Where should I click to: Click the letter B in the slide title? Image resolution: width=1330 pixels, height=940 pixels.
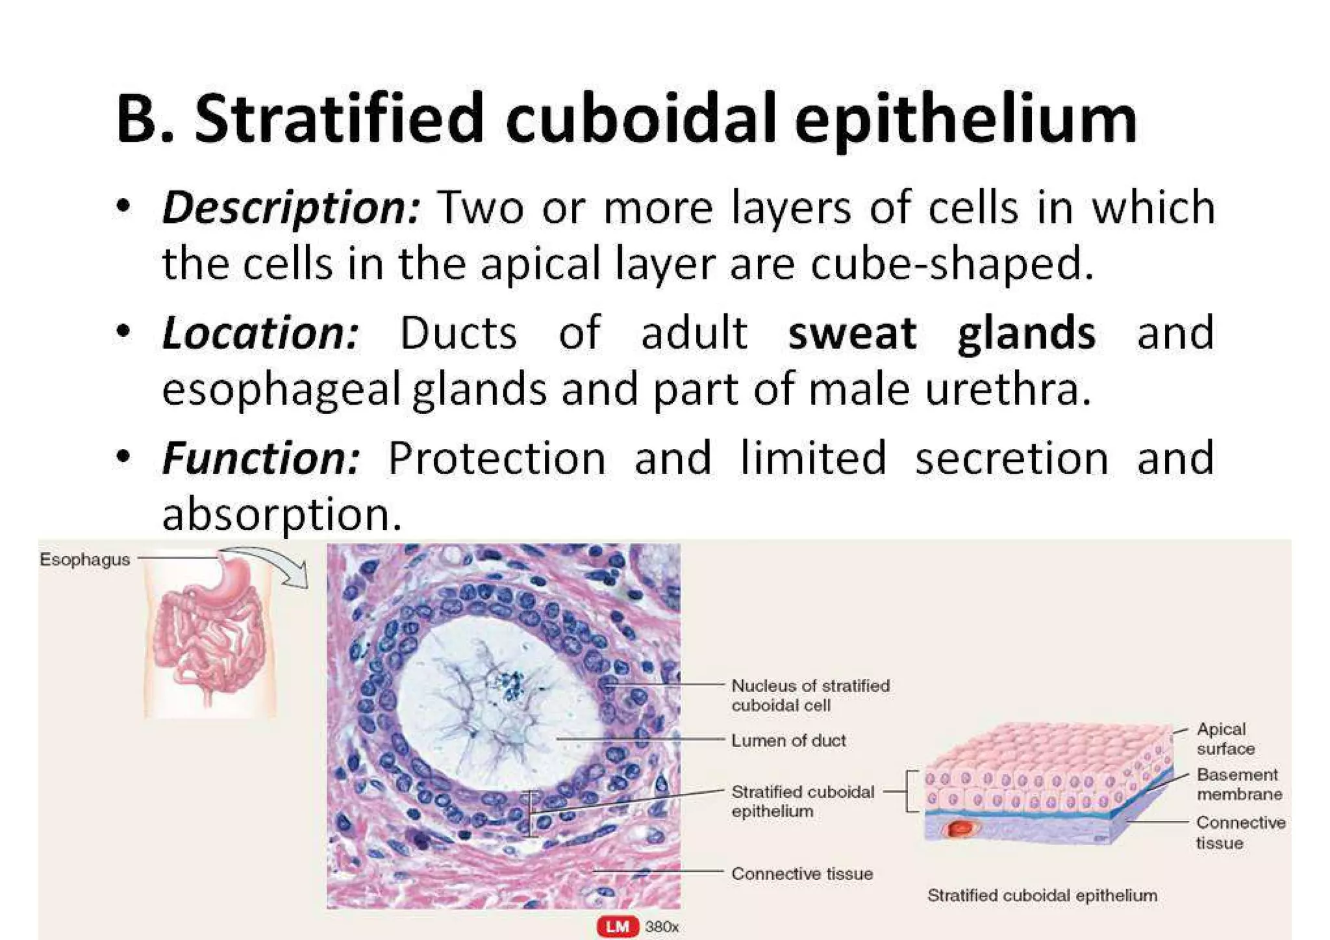tap(138, 118)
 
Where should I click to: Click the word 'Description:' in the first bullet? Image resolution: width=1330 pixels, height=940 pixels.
tap(291, 207)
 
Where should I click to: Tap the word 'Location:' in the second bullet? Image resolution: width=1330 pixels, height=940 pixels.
tap(260, 333)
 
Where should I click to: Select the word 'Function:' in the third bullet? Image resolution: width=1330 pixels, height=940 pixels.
tap(260, 458)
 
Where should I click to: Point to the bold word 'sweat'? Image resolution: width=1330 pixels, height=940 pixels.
tap(851, 333)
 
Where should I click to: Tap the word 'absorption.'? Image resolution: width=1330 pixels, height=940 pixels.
tap(282, 514)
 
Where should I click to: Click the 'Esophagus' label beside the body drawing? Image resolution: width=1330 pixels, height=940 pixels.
tap(84, 559)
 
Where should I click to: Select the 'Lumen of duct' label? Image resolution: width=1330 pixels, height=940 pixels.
tap(788, 741)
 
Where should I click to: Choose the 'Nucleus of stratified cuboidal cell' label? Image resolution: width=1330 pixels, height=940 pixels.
tap(810, 695)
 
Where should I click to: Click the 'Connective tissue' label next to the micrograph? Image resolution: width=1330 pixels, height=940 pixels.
tap(801, 874)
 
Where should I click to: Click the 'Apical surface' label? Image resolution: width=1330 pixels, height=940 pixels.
tap(1225, 739)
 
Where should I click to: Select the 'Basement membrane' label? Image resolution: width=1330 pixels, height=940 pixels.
tap(1238, 784)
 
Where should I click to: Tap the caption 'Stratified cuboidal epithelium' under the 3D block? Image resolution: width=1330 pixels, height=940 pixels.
tap(1042, 895)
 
